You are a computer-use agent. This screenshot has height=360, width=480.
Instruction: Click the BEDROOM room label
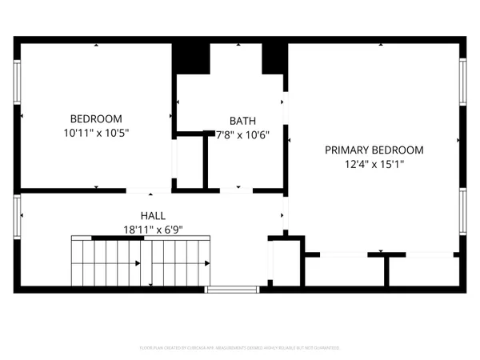pos(95,118)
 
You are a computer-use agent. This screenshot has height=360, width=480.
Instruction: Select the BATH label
pos(242,121)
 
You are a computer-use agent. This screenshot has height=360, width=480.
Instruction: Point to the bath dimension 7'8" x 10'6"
pos(242,134)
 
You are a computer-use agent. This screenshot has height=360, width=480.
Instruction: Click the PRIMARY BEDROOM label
pos(374,150)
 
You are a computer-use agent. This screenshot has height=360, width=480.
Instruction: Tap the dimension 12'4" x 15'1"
pos(374,165)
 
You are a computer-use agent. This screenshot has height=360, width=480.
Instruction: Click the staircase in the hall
pos(142,262)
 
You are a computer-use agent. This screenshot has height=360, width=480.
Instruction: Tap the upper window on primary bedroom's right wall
pos(462,82)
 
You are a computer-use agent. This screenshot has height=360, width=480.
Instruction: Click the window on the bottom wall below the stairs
pos(231,290)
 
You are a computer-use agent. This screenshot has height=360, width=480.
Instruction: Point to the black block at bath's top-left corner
pos(191,57)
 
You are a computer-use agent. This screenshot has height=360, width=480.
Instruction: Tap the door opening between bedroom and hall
pos(149,190)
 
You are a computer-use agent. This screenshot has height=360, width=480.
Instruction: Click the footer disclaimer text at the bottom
pos(240,348)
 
